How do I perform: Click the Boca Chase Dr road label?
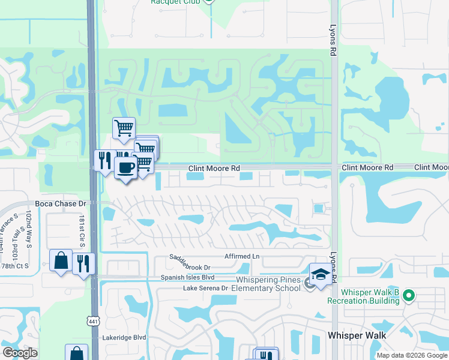point(61,203)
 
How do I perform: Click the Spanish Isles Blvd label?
point(187,277)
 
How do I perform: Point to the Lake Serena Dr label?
point(206,288)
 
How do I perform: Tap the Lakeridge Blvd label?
point(124,338)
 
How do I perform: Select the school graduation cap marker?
point(321,274)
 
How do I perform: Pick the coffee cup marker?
point(125,168)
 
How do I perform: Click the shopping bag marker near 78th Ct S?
point(61,260)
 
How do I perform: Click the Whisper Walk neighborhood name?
point(357,335)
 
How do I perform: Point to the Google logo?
point(20,353)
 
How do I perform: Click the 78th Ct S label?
point(15,266)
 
